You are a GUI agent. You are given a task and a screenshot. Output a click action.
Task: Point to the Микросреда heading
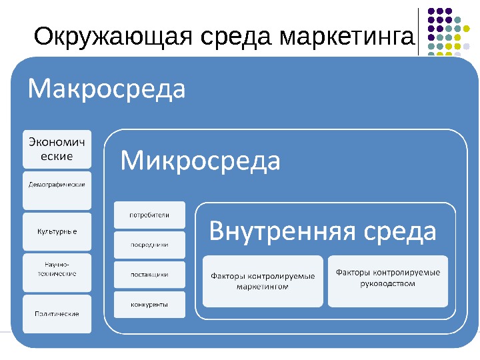click(201, 161)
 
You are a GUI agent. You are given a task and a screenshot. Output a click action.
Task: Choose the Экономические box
click(57, 150)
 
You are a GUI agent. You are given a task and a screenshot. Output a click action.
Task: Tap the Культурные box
click(57, 231)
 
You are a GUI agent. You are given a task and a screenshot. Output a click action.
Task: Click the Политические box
click(57, 313)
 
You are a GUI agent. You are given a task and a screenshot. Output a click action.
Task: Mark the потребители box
click(149, 215)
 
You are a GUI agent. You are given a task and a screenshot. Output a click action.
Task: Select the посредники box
click(149, 245)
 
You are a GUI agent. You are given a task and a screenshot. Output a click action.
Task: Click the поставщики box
click(149, 274)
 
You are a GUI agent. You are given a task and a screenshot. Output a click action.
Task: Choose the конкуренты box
click(149, 305)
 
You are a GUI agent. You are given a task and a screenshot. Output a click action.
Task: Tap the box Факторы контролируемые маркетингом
click(263, 281)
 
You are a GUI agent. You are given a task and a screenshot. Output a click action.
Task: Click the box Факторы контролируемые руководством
click(388, 280)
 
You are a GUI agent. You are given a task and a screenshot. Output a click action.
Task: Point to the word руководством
click(387, 284)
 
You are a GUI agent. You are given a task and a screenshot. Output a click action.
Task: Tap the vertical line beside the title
click(419, 31)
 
